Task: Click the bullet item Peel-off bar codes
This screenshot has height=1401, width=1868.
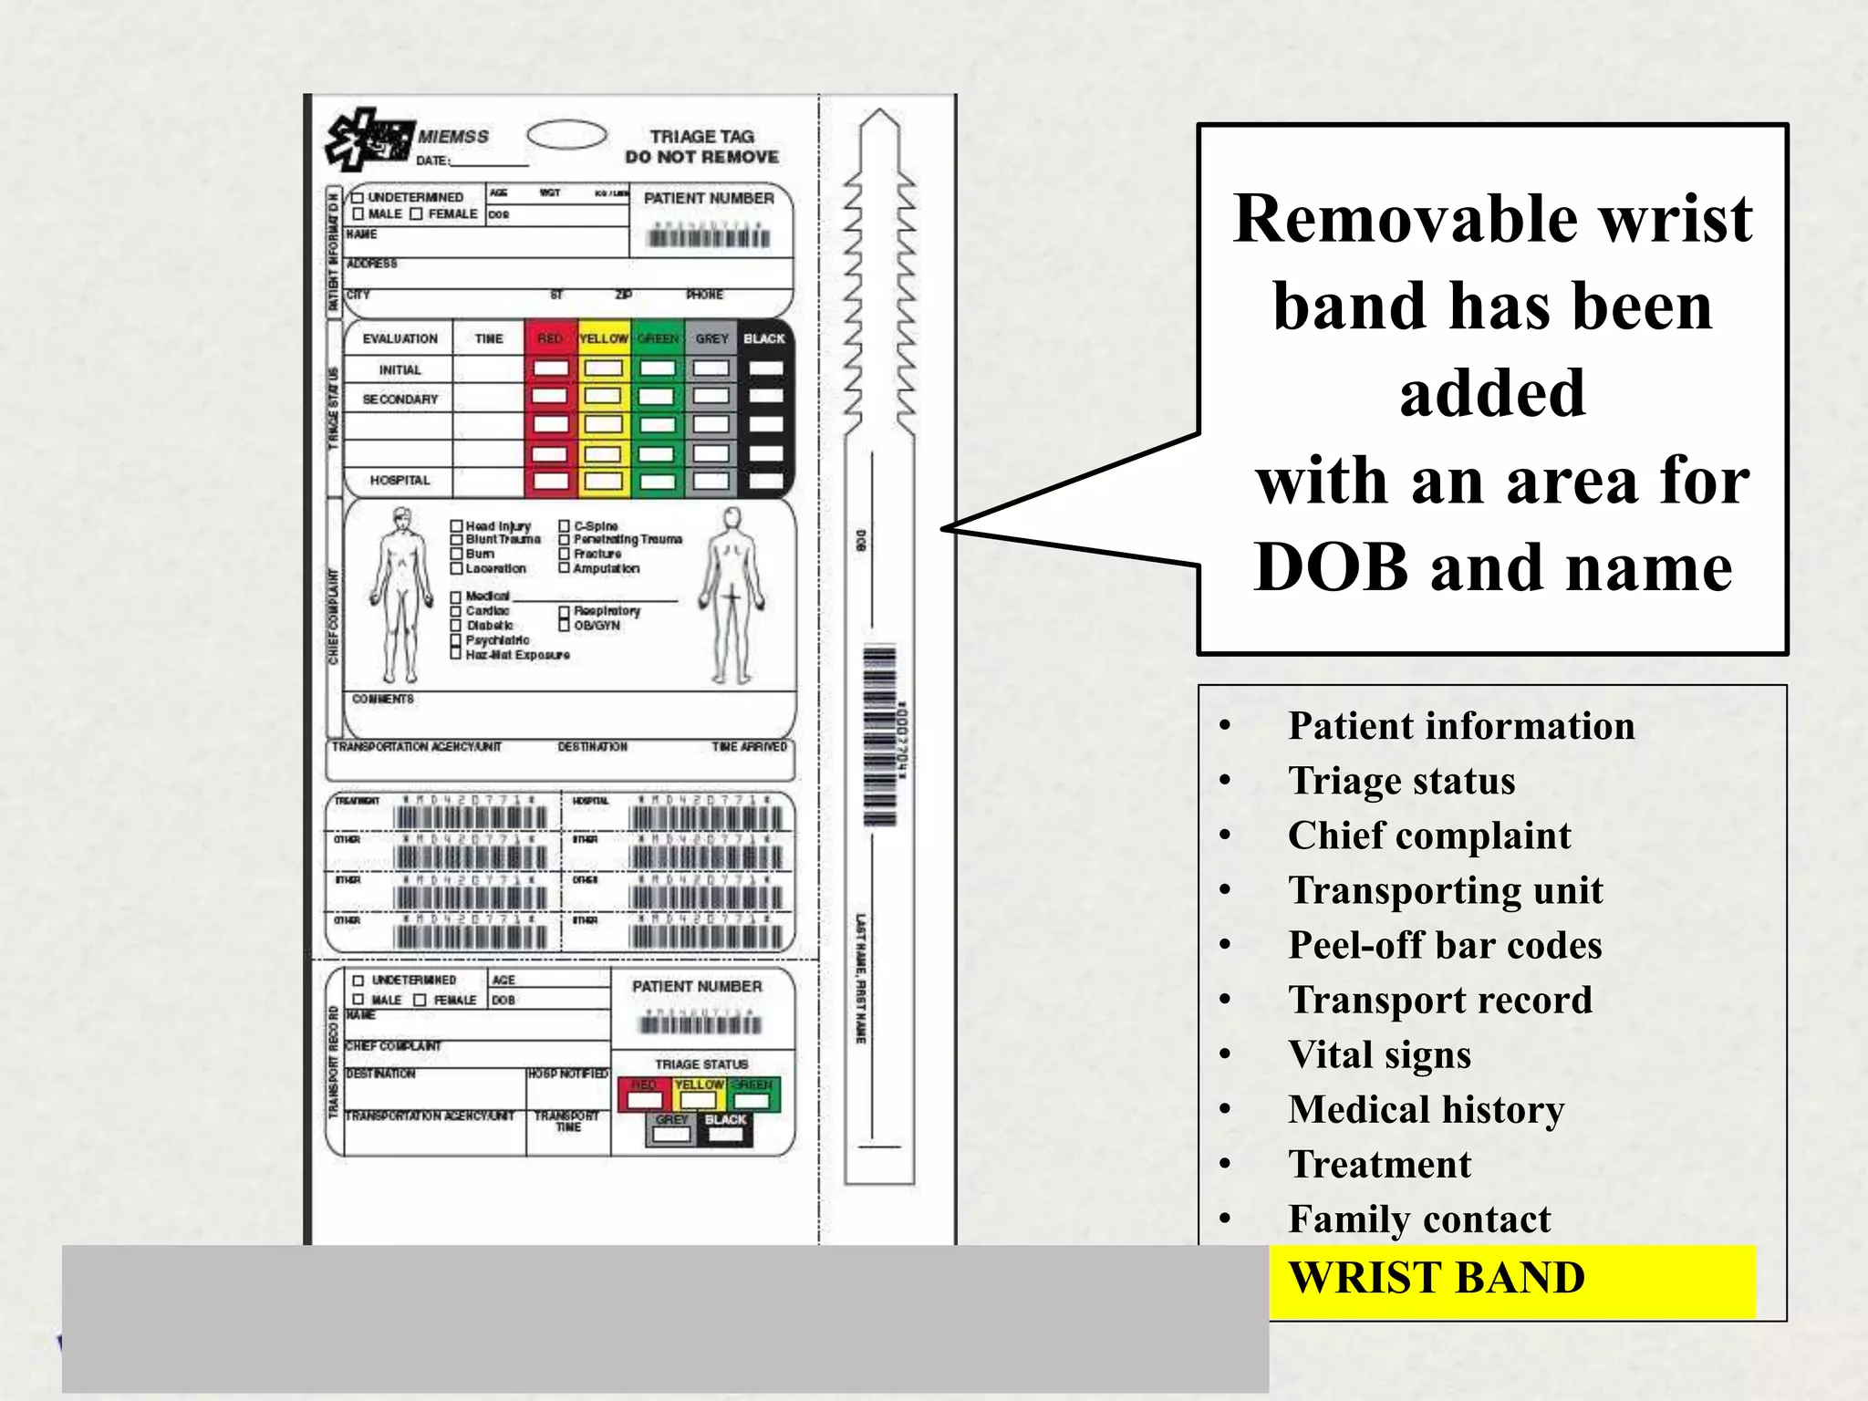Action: click(x=1444, y=945)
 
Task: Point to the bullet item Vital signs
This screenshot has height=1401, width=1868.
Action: click(x=1379, y=1054)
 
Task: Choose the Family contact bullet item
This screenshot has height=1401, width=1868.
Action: click(x=1418, y=1219)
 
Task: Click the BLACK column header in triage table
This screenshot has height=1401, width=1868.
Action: click(x=764, y=338)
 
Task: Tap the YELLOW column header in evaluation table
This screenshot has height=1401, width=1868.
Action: click(x=604, y=338)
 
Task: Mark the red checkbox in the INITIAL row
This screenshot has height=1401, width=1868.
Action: click(x=550, y=368)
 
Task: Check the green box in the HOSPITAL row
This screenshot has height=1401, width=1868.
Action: click(x=657, y=481)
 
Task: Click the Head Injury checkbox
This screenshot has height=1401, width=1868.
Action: click(x=457, y=526)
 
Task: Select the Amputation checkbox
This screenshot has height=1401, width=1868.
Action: click(x=565, y=568)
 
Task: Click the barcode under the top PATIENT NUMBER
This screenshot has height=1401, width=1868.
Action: click(x=709, y=238)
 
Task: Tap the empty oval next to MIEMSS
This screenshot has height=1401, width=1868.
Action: click(x=566, y=135)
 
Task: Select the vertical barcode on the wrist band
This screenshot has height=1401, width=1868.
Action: click(x=880, y=734)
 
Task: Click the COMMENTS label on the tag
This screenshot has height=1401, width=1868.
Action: click(x=383, y=699)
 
